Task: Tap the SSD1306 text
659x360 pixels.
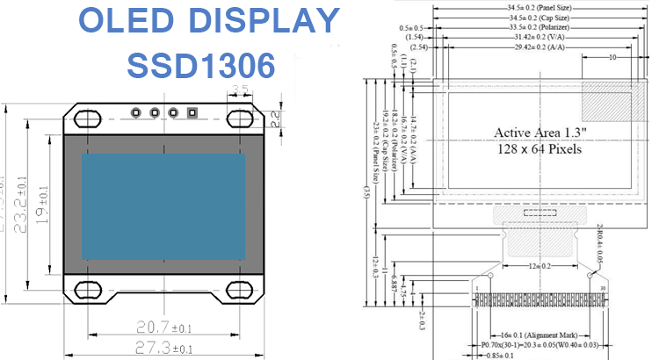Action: point(201,64)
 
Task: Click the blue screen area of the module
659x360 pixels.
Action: point(163,206)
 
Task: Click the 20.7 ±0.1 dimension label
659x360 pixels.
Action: point(164,327)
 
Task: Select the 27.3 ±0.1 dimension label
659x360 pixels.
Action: point(164,349)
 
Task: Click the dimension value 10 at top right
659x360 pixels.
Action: point(611,56)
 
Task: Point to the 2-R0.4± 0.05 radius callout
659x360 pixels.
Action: point(601,242)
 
